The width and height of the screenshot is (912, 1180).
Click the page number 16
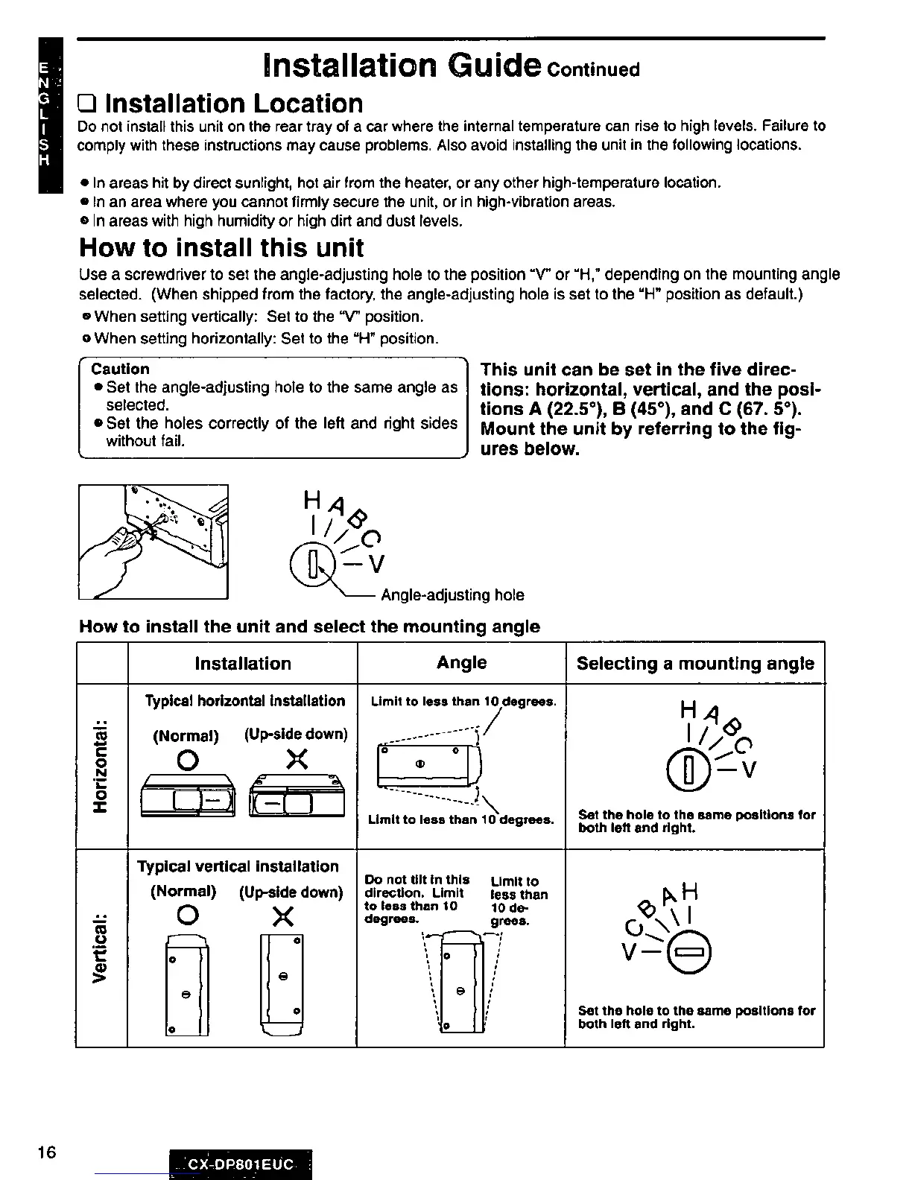46,1152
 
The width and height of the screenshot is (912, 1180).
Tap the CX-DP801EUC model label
241,1164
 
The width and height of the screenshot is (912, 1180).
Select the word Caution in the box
120,369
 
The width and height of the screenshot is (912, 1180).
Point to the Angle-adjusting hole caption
452,595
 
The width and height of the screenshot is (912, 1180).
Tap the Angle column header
462,662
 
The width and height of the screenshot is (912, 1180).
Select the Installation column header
243,663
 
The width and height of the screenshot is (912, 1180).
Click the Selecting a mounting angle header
695,663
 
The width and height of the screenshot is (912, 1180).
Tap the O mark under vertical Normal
188,916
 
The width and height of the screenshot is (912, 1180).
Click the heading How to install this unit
221,247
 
